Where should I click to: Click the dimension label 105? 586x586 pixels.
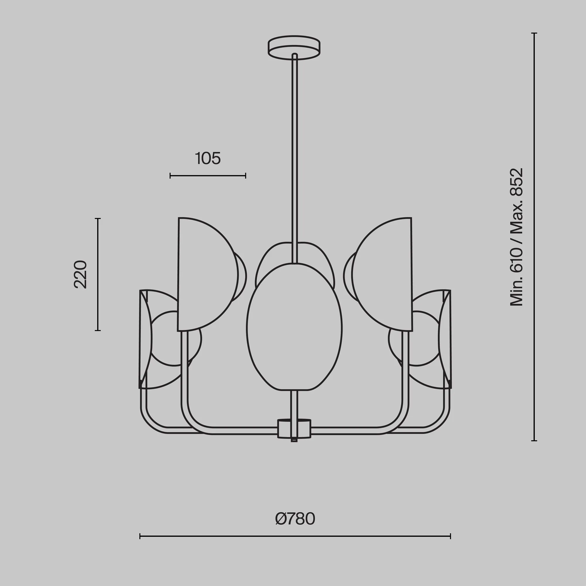click(208, 158)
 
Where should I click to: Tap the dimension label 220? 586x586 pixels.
click(81, 274)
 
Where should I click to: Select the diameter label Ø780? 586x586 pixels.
click(295, 519)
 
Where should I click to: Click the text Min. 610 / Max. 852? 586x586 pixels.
click(517, 237)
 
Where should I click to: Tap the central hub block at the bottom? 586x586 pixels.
click(294, 429)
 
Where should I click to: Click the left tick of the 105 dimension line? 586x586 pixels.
click(170, 176)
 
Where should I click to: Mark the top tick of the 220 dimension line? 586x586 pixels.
click(98, 218)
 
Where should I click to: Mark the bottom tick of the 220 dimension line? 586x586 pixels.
click(98, 330)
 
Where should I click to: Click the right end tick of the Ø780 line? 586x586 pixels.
click(450, 545)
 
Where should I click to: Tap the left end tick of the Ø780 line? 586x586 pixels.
click(140, 545)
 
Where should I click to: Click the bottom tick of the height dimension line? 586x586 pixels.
click(534, 441)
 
